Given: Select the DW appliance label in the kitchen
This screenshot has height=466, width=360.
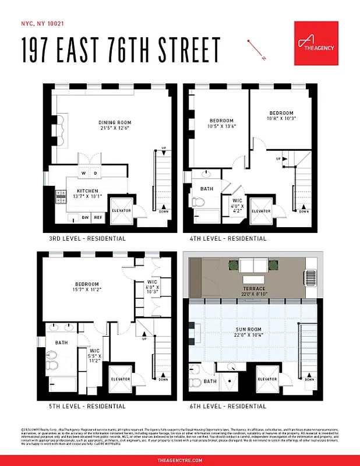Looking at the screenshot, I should [x=84, y=217].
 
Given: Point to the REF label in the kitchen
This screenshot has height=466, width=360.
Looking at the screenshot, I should [x=98, y=217].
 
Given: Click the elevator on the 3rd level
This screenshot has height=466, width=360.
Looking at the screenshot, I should [x=121, y=210].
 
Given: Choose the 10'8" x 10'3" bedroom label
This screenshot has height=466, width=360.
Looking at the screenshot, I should [x=281, y=115].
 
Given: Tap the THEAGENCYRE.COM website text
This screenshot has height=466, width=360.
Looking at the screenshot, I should [x=180, y=460].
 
